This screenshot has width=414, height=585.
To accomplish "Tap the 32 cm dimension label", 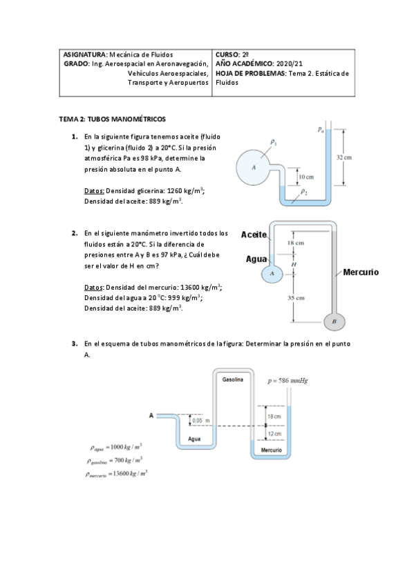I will [x=344, y=157].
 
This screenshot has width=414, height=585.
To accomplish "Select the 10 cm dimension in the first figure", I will [x=305, y=177].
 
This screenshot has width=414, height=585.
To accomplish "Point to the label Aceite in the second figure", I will [x=254, y=235].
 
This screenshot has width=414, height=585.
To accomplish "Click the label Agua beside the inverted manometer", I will [x=256, y=259].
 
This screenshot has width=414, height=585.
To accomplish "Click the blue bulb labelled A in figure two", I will [x=272, y=273].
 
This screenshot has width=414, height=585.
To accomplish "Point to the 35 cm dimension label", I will [x=296, y=298].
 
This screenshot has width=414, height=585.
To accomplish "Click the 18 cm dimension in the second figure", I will [x=296, y=244].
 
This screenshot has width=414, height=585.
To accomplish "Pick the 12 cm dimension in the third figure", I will [x=274, y=433].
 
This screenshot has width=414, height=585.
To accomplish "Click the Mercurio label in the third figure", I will [x=272, y=450].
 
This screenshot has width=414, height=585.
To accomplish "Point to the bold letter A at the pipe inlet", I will [x=151, y=415].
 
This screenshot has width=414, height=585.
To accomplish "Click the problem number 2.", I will [x=75, y=233].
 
